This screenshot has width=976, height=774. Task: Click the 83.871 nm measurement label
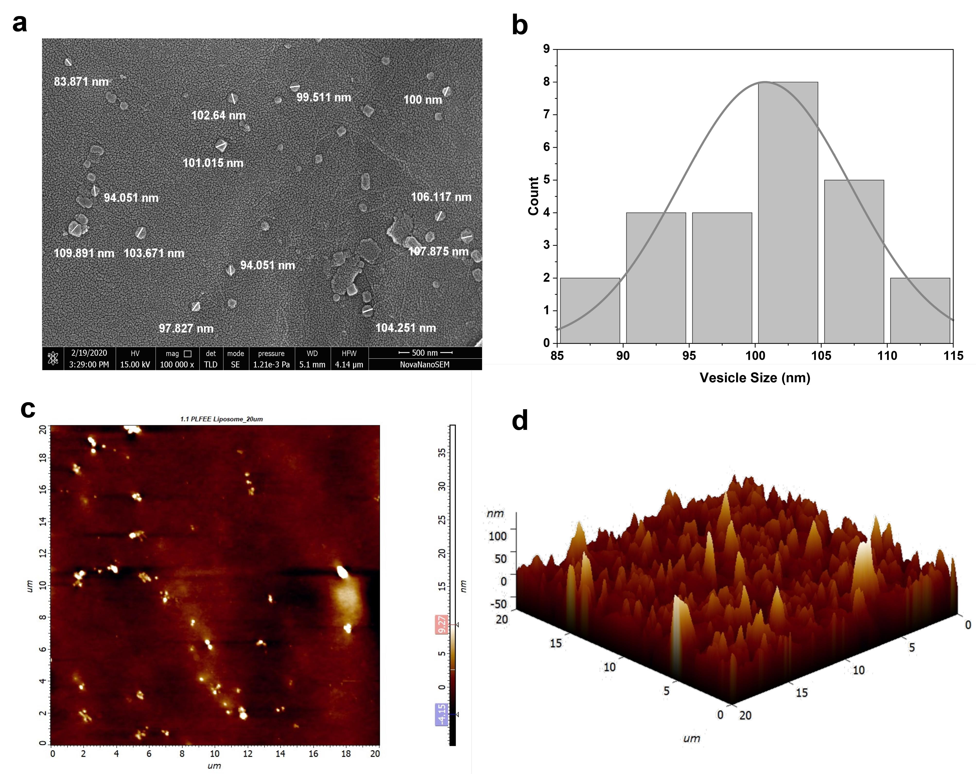coord(81,82)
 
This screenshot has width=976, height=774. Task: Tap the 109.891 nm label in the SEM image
coord(84,253)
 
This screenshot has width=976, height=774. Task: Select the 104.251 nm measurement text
coord(406,328)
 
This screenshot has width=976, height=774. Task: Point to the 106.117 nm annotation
coord(441,197)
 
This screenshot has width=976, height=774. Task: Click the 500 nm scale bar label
coord(425,353)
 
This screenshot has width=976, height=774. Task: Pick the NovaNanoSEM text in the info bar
coord(425,365)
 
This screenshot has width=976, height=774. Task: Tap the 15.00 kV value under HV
coord(135,365)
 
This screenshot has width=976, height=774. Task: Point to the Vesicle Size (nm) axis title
coord(755,378)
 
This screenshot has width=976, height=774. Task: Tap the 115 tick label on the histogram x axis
coord(953,356)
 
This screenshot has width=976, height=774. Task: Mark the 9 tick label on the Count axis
coord(547,49)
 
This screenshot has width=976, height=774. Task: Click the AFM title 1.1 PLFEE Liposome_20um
coord(221,419)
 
